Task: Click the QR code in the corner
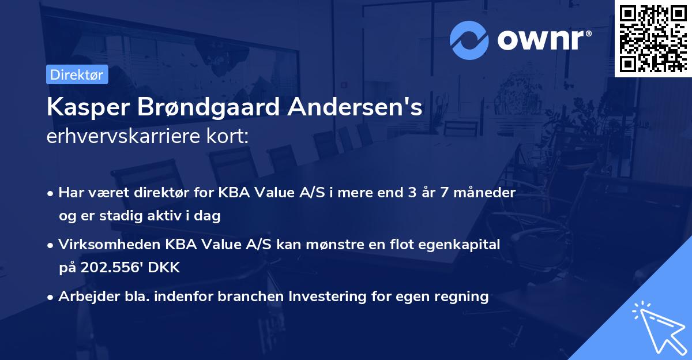(653, 39)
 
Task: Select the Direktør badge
(77, 74)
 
